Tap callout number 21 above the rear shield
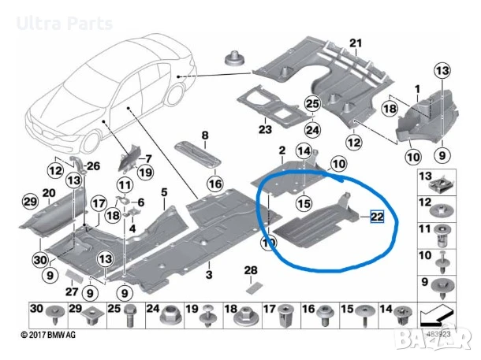tap(355, 43)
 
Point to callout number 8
tap(204, 135)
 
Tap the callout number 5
tap(164, 191)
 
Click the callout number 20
tap(48, 193)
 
